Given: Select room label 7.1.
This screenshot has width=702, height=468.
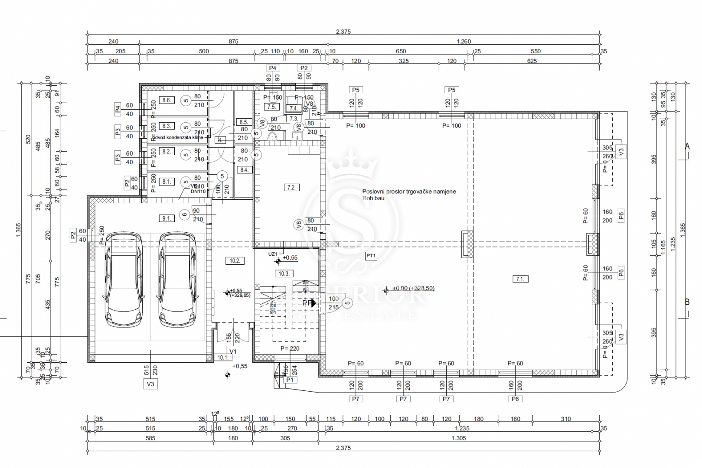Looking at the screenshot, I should pyautogui.click(x=520, y=279).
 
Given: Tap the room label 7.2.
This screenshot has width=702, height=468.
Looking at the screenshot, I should pyautogui.click(x=291, y=188).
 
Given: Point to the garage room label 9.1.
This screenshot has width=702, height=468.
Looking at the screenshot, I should pyautogui.click(x=167, y=218).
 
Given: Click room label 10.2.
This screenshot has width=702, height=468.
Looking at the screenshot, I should pyautogui.click(x=235, y=261).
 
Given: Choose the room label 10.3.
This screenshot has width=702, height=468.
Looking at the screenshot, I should pyautogui.click(x=284, y=273).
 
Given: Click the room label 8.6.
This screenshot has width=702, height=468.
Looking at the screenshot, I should pyautogui.click(x=167, y=100).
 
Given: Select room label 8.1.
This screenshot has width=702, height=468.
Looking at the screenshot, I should pyautogui.click(x=167, y=182).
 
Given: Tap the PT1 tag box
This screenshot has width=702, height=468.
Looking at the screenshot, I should pyautogui.click(x=371, y=256).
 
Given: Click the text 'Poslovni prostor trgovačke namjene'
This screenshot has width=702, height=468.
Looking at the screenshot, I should pyautogui.click(x=409, y=192).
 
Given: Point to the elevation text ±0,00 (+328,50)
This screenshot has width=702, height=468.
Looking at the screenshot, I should pyautogui.click(x=413, y=288).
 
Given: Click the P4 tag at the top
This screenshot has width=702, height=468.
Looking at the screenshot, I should pyautogui.click(x=272, y=68).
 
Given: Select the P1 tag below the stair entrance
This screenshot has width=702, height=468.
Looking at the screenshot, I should pyautogui.click(x=290, y=380).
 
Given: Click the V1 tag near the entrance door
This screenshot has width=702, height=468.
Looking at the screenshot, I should pyautogui.click(x=233, y=351).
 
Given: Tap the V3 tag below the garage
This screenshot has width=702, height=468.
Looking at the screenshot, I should pyautogui.click(x=150, y=384).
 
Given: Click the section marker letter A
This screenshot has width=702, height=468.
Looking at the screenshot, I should pyautogui.click(x=687, y=146).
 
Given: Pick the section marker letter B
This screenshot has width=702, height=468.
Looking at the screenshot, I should pyautogui.click(x=687, y=302).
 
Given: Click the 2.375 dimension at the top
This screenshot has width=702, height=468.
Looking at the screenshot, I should pyautogui.click(x=343, y=32).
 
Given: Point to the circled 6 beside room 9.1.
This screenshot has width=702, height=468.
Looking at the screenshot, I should pyautogui.click(x=185, y=214).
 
